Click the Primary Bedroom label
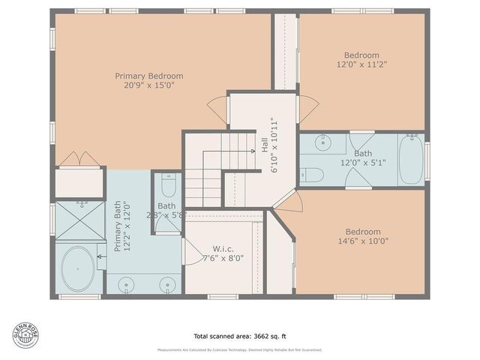(x=148, y=76)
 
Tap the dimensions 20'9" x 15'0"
(x=148, y=86)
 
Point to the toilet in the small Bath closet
(x=167, y=186)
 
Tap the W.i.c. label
(x=223, y=249)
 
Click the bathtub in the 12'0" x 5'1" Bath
(x=411, y=159)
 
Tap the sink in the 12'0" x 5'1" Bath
(x=325, y=143)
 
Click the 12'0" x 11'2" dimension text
(x=361, y=65)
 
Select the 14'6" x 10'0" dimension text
(x=362, y=241)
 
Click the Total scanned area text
(x=240, y=336)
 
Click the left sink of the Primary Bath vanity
(x=127, y=284)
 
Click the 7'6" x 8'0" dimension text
(x=223, y=259)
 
